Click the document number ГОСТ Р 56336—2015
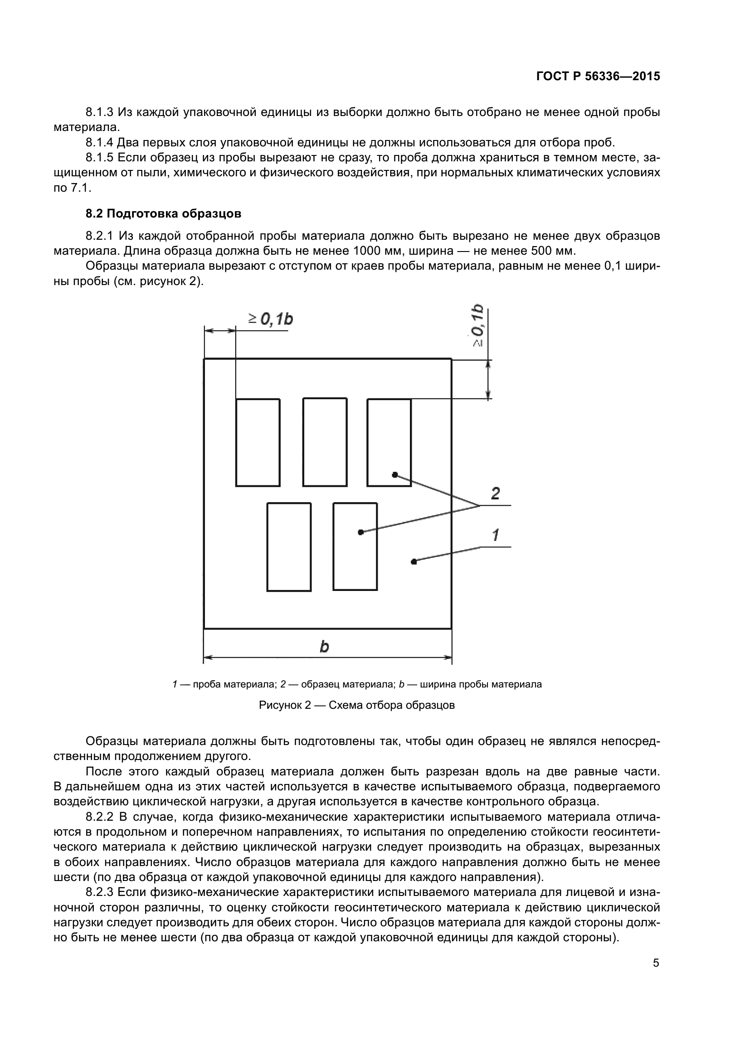598,76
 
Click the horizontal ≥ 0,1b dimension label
271,319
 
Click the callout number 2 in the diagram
495,494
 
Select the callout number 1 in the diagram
495,535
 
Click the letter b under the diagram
324,647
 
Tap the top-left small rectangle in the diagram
258,442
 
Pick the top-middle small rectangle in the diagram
325,442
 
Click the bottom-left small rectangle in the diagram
289,547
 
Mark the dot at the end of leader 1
414,561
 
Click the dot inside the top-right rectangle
394,474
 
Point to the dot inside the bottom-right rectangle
360,532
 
